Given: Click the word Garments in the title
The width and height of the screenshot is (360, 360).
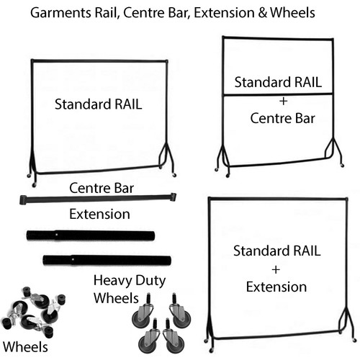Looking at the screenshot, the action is click(60, 13).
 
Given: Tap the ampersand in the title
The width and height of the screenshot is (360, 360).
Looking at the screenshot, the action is click(263, 13).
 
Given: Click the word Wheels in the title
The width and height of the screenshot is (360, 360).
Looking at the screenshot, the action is click(292, 13).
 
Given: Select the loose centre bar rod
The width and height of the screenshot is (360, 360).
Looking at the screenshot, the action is click(98, 199).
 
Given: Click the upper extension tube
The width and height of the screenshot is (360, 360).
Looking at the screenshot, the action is click(91, 235).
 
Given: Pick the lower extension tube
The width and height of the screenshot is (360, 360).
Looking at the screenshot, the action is click(107, 261).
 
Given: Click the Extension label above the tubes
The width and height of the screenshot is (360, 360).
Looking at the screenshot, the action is click(99, 214).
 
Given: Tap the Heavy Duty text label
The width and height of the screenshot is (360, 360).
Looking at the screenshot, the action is click(130, 281).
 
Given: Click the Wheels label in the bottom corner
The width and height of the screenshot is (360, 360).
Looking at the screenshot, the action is click(25, 347).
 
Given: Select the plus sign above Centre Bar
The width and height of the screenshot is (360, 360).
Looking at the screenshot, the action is click(283, 101).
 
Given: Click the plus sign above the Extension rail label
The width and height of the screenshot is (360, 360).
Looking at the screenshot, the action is click(276, 270).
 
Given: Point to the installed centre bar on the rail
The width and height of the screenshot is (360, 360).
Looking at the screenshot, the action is click(278, 94).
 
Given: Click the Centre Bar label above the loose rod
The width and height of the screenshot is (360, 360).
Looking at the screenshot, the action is click(102, 188).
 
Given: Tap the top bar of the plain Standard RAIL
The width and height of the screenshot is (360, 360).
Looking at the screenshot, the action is click(99, 61).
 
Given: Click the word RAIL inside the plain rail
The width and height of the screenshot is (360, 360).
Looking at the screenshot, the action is click(128, 104).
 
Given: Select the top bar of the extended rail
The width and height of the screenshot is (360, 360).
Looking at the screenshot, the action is click(278, 199).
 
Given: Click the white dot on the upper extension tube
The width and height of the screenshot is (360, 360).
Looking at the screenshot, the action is click(56, 235).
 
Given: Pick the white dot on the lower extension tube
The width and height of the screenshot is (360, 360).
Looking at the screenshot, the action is click(73, 259).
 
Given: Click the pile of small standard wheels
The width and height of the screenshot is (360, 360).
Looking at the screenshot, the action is click(34, 312).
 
